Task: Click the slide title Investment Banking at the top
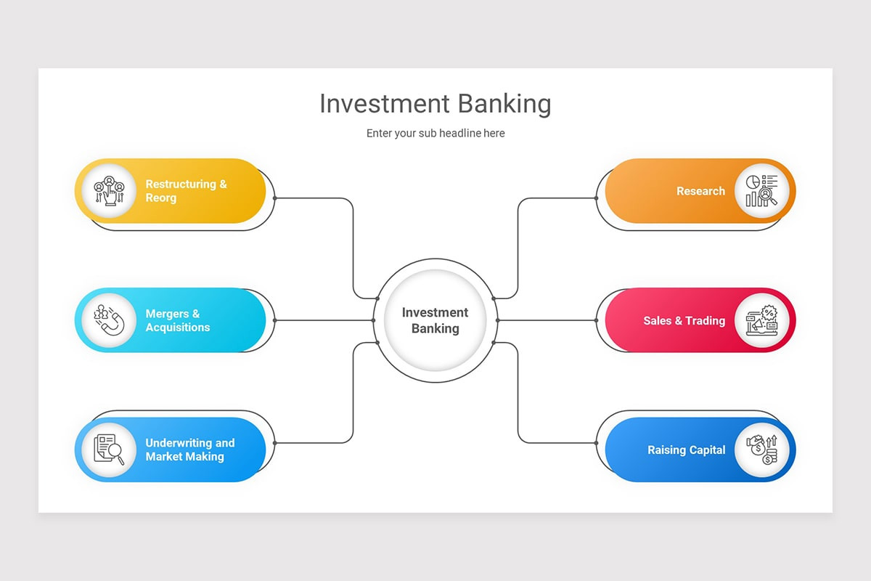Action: tap(435, 104)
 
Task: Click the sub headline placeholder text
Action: tap(435, 134)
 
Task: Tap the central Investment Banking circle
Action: tap(435, 320)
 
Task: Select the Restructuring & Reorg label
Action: tap(186, 191)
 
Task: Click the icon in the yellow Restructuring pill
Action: tap(109, 191)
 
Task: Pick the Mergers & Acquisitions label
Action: tap(178, 320)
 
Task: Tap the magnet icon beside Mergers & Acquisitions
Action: tap(109, 320)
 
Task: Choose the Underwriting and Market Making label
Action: tap(189, 450)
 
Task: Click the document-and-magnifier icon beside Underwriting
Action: tap(109, 450)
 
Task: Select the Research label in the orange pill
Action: tap(700, 191)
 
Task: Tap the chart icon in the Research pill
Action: tap(761, 191)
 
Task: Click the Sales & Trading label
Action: tap(684, 320)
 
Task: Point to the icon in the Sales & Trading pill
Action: tap(761, 320)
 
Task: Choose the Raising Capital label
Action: tap(686, 450)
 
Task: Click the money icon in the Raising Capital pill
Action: tap(761, 450)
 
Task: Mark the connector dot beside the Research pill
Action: tap(597, 198)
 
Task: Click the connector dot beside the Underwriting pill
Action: tap(274, 442)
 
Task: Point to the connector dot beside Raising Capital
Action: tap(597, 442)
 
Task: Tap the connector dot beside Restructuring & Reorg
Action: tap(274, 198)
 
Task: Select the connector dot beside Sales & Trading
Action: tap(597, 320)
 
